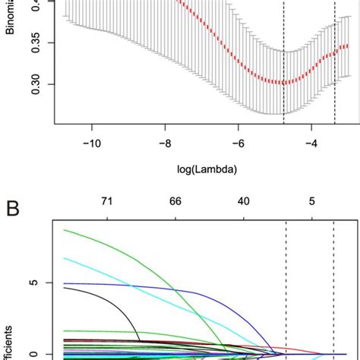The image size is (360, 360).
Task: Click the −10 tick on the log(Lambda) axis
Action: point(92,142)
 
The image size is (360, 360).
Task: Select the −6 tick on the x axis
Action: point(238,142)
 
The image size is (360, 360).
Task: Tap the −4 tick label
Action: point(311,142)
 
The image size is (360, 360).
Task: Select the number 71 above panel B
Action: point(108,201)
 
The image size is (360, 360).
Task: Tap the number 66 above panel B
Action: point(175,201)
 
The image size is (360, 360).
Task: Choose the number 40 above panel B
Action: point(243,201)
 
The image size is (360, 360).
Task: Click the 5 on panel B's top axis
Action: point(311,201)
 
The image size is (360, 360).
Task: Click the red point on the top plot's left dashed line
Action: point(284,82)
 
